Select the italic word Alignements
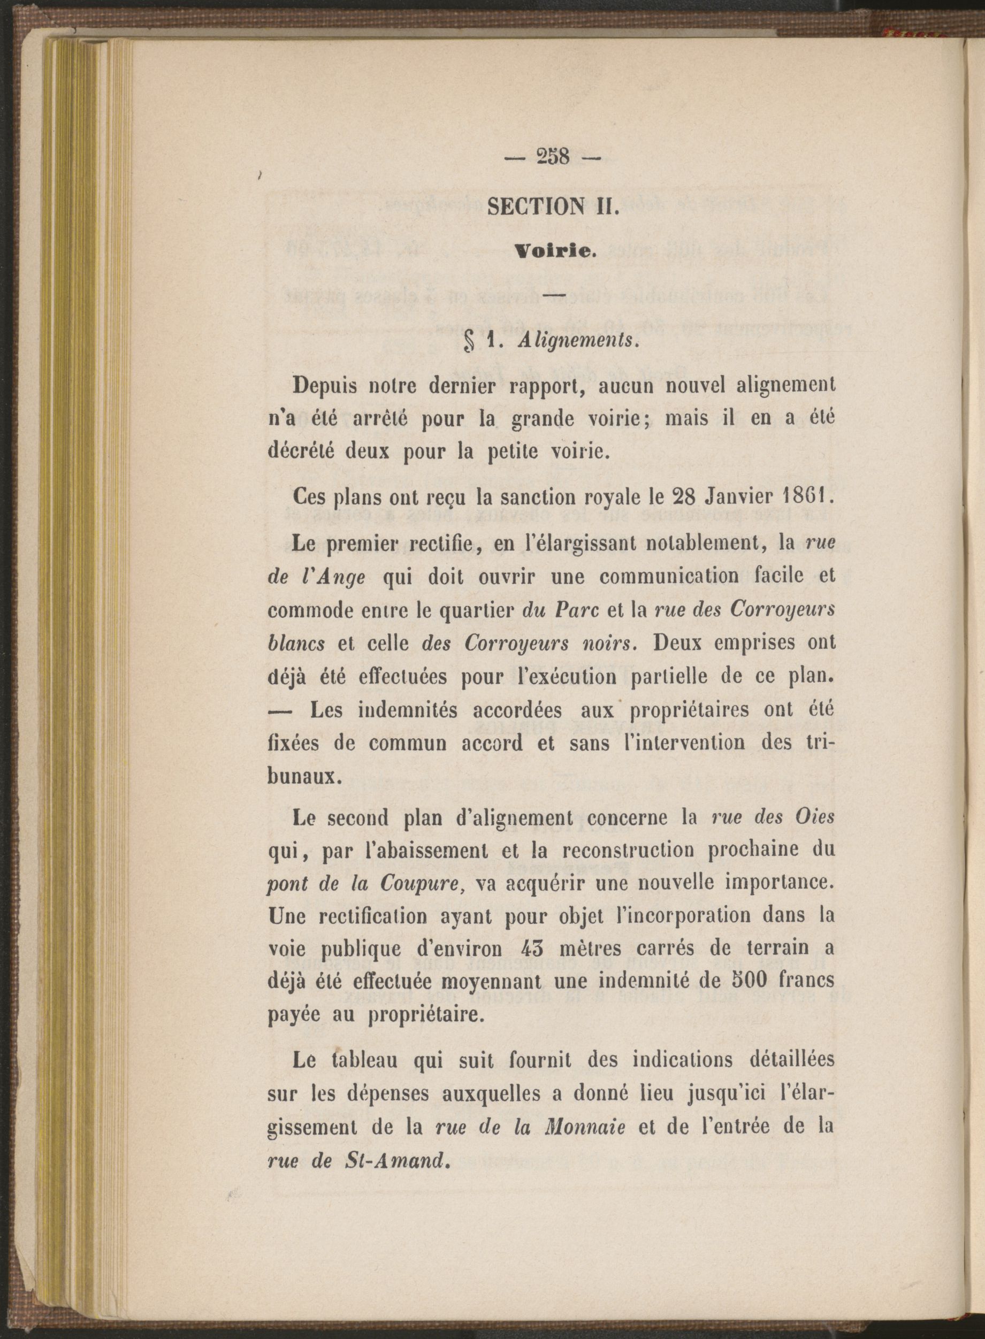(578, 342)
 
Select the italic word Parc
(576, 611)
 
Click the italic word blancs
(297, 644)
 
